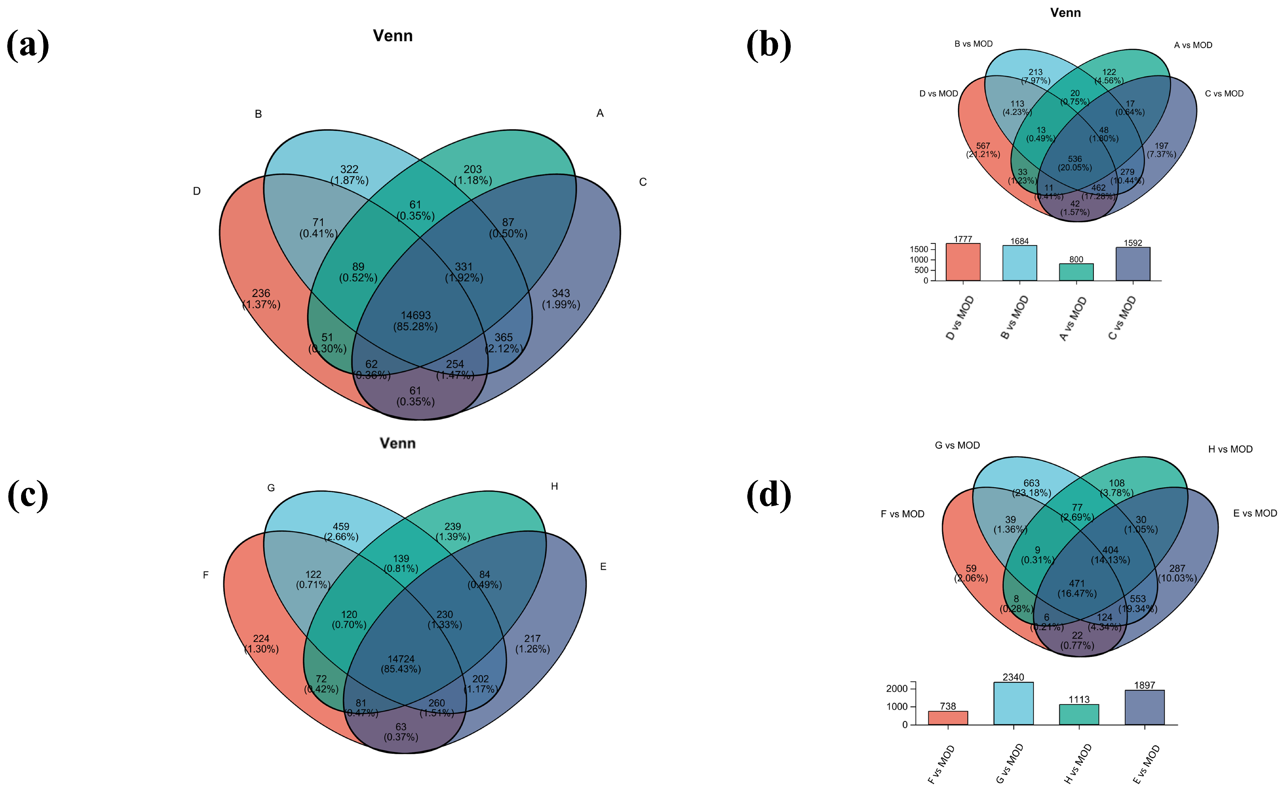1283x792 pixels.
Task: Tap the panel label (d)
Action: click(768, 495)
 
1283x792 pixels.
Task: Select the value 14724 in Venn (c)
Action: click(401, 659)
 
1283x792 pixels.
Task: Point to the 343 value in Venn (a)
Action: click(560, 293)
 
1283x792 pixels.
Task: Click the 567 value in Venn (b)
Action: click(983, 146)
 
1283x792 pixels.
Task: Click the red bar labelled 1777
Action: click(963, 262)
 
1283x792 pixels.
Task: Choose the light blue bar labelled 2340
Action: click(1013, 704)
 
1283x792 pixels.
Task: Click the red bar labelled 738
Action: click(948, 718)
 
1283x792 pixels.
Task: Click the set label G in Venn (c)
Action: click(271, 488)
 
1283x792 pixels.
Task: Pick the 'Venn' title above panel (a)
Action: click(392, 36)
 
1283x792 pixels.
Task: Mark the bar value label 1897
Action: click(1144, 685)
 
